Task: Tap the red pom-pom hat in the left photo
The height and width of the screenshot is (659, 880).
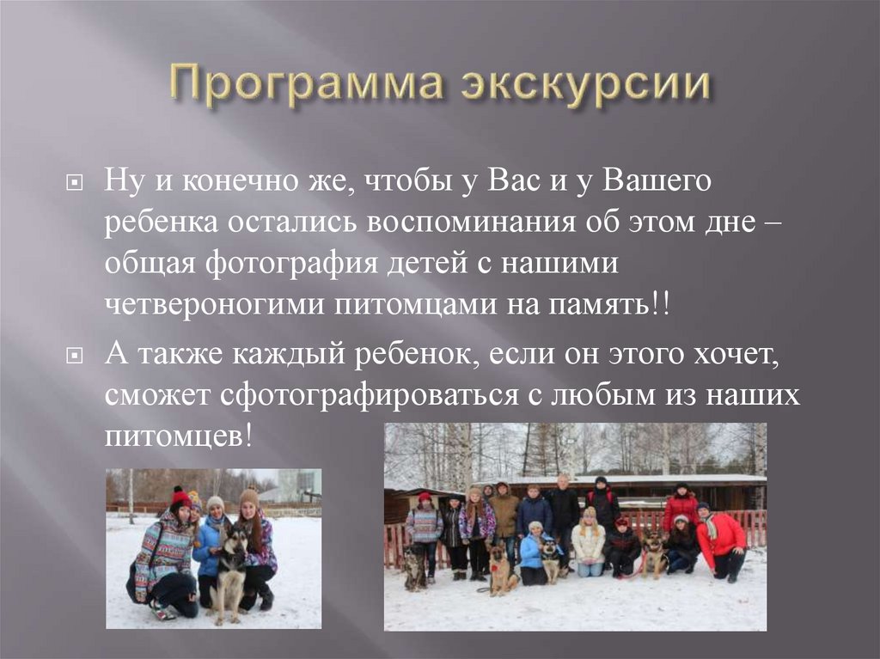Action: pyautogui.click(x=180, y=497)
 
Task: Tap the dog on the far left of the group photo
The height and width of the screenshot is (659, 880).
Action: pyautogui.click(x=414, y=568)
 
